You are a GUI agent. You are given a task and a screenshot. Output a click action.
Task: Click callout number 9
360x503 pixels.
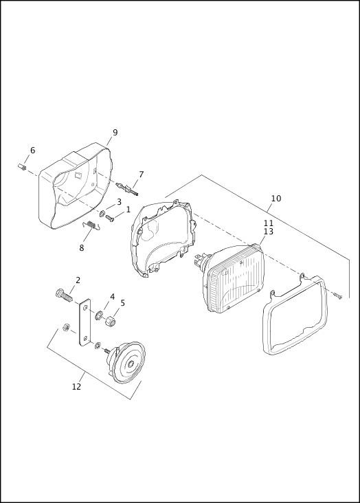(x=115, y=133)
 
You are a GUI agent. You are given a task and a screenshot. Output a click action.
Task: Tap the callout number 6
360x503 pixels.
(x=32, y=150)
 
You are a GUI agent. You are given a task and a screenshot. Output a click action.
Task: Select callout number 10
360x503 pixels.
(x=275, y=199)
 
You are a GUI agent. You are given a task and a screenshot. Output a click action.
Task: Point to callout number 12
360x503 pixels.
(x=76, y=386)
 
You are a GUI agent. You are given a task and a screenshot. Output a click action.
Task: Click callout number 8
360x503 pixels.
(x=81, y=248)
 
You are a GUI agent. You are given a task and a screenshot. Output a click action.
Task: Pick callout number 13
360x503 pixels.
(x=269, y=232)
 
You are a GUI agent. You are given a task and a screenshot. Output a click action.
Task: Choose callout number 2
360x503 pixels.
(x=78, y=280)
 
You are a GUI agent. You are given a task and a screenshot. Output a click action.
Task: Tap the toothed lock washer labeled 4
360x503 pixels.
(x=99, y=316)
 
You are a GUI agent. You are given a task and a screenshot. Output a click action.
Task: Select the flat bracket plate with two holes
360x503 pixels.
(x=85, y=322)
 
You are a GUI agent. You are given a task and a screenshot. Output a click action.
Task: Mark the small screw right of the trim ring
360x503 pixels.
(x=339, y=295)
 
